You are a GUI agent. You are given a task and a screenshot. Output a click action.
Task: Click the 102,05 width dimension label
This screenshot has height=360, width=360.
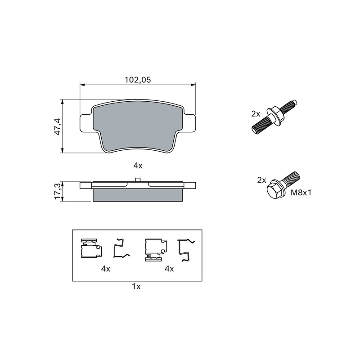tap(138, 80)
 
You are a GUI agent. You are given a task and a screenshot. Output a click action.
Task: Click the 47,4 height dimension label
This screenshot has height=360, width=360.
tap(57, 126)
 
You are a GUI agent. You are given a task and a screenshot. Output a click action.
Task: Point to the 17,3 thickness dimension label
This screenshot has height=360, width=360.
tap(57, 192)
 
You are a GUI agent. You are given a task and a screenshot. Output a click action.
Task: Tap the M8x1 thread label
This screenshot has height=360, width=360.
tap(301, 193)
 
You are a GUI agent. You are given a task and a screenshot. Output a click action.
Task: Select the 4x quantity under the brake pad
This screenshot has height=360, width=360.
tap(138, 166)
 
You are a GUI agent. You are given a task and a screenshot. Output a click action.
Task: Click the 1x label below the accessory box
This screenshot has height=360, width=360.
tap(136, 287)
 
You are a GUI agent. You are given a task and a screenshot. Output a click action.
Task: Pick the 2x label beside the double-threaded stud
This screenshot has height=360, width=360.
tap(256, 114)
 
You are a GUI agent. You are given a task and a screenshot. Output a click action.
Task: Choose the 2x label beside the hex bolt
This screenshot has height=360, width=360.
tap(261, 180)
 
